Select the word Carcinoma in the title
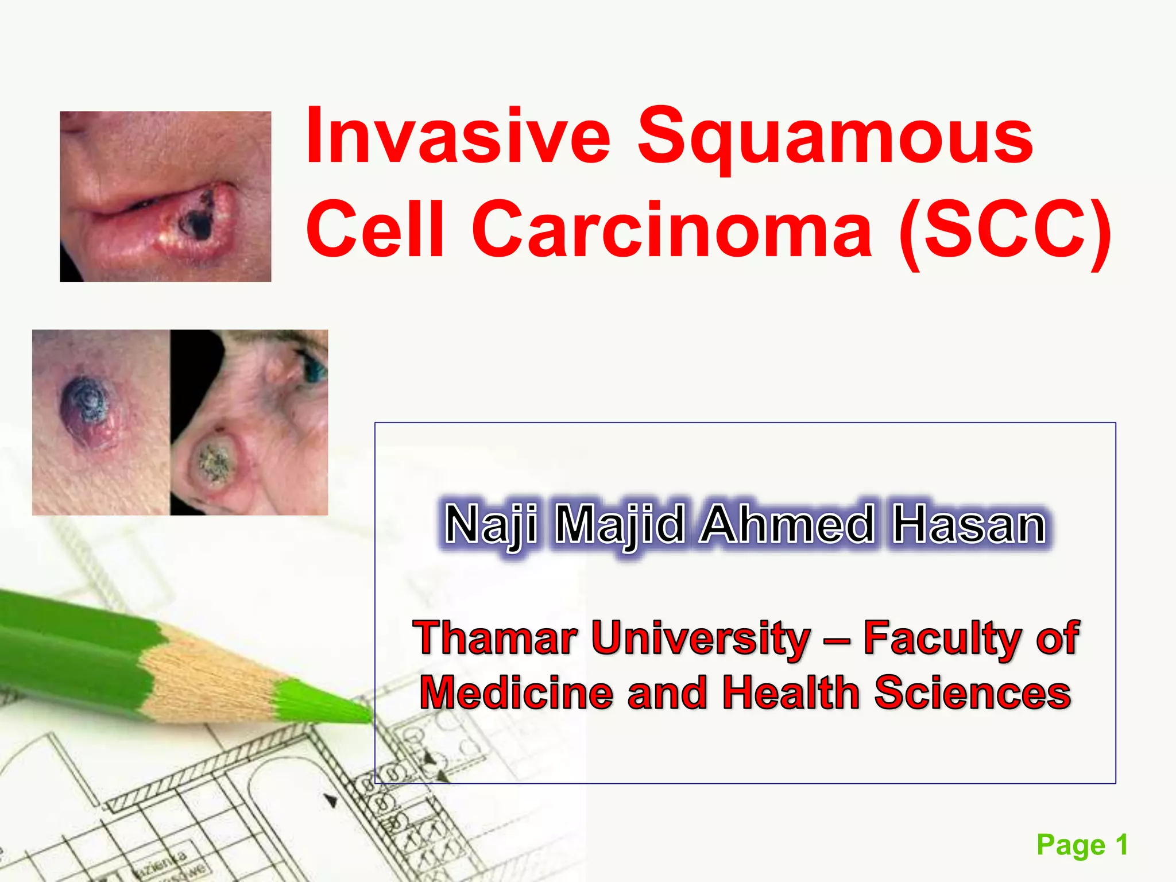click(x=672, y=230)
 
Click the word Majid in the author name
click(x=621, y=525)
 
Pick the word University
click(x=701, y=639)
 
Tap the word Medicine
click(x=516, y=693)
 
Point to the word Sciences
click(x=973, y=693)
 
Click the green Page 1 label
click(x=1082, y=845)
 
